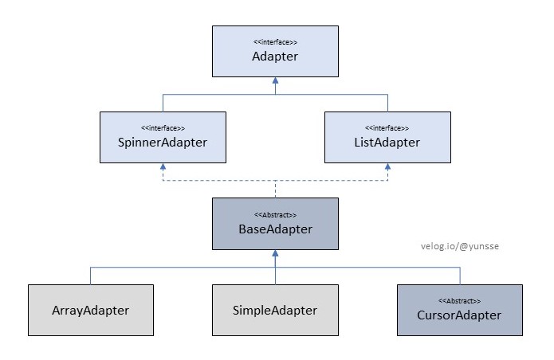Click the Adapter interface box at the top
(x=275, y=51)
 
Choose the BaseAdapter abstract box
(x=275, y=222)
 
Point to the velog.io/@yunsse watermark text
(x=460, y=247)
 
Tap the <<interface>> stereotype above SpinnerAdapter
(x=163, y=127)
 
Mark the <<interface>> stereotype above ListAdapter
(x=387, y=127)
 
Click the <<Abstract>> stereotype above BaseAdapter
(x=275, y=214)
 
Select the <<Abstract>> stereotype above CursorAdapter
(x=460, y=300)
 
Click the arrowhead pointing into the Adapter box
(x=275, y=81)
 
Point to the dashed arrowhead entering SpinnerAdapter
(x=163, y=167)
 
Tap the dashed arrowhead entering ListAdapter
(x=387, y=167)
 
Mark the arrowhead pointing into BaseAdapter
(x=275, y=252)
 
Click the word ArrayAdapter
(x=90, y=310)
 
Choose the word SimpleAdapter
(x=275, y=310)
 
